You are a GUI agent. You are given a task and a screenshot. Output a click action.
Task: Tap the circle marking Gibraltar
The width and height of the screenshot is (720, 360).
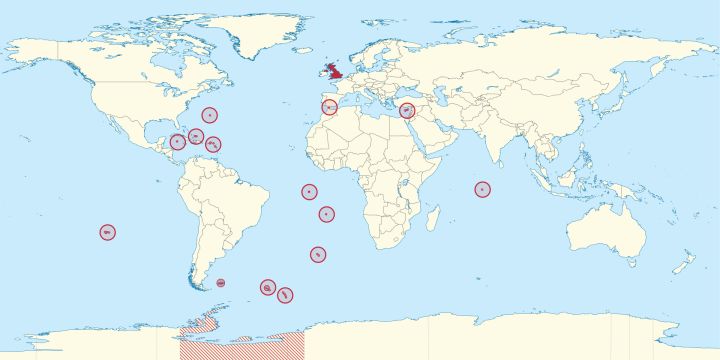(329, 107)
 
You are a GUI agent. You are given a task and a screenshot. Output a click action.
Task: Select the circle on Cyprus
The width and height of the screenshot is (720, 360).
(407, 111)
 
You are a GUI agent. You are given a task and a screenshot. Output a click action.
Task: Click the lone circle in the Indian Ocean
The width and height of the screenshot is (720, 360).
(483, 189)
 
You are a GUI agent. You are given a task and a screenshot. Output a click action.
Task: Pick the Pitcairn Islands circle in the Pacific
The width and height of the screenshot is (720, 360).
(107, 232)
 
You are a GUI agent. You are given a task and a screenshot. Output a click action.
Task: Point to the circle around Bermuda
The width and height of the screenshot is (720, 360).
(209, 115)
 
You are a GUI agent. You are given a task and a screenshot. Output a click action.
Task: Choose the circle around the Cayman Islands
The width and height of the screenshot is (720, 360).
(177, 142)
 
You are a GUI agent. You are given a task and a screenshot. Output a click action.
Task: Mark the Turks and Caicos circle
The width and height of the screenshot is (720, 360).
(196, 136)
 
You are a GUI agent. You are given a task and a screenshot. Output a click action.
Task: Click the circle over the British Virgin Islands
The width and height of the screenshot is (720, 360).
(213, 144)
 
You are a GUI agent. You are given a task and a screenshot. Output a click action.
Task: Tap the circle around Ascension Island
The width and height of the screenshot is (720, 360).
(309, 192)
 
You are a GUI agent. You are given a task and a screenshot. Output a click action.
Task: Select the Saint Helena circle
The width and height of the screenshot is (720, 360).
(326, 213)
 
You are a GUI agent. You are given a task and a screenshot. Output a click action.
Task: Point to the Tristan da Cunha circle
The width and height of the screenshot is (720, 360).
(317, 254)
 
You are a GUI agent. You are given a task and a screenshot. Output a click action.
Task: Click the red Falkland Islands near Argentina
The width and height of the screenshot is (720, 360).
(221, 283)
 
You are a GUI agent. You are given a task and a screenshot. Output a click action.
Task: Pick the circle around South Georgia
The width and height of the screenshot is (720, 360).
(267, 287)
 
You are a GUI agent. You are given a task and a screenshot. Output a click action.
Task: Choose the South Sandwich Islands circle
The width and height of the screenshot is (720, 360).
(285, 294)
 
